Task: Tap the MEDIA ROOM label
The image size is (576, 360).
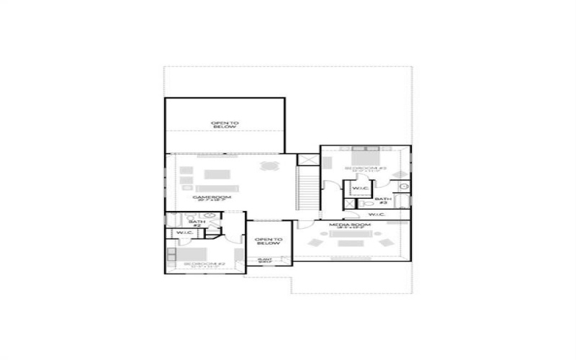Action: [x=350, y=226]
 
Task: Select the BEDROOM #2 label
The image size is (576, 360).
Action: [x=204, y=264]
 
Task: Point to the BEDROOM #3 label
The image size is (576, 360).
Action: [x=366, y=168]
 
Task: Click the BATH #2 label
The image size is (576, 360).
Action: [x=194, y=223]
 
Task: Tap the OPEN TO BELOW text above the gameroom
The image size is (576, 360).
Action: [x=224, y=125]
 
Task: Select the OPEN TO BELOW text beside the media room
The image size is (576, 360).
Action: [x=269, y=241]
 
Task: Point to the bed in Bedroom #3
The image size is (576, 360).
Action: [x=365, y=156]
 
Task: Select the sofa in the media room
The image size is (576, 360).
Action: [x=351, y=243]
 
